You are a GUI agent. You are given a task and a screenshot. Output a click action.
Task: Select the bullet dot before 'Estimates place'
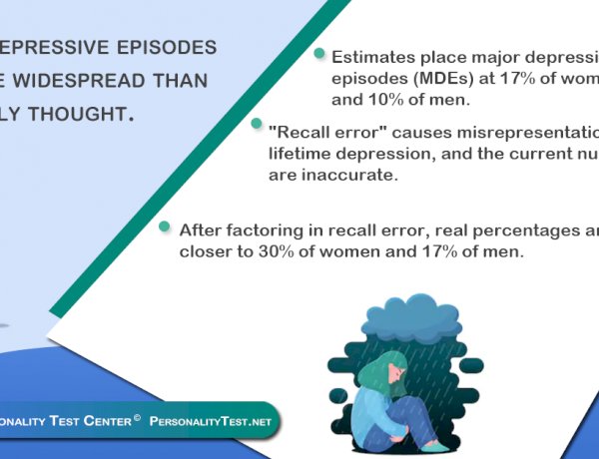pyautogui.click(x=319, y=53)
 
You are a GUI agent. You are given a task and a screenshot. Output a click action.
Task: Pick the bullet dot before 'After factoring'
pyautogui.click(x=165, y=227)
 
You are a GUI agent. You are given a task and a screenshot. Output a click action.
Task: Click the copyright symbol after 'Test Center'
pyautogui.click(x=136, y=417)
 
